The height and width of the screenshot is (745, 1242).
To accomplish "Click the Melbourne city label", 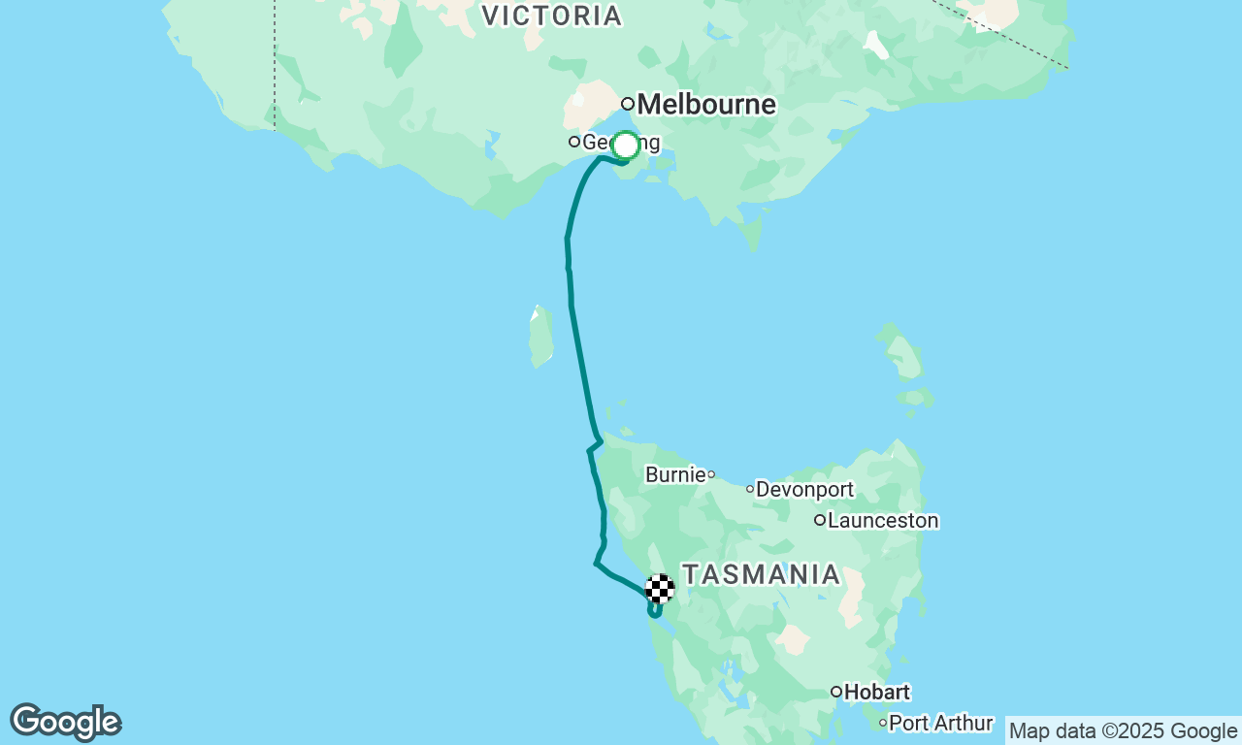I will [707, 104].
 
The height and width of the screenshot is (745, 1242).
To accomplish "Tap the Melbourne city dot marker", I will [628, 104].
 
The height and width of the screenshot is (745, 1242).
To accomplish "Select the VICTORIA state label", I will [551, 16].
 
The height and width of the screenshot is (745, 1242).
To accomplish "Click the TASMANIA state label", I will [762, 574].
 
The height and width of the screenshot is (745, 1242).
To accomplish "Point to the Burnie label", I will [675, 475].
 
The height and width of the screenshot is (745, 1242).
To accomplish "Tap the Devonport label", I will [804, 489].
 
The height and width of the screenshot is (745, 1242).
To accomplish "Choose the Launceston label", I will [883, 521].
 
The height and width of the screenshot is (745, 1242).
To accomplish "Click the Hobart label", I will [878, 693].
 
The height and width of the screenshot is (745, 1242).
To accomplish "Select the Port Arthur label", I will [941, 724].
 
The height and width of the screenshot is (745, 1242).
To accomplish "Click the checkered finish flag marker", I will [660, 589].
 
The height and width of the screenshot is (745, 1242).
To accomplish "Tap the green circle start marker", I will [626, 146].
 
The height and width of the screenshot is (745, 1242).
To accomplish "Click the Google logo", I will [65, 722].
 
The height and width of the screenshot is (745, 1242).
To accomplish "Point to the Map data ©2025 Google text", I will [1124, 731].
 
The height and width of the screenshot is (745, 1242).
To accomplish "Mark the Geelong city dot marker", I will [574, 142].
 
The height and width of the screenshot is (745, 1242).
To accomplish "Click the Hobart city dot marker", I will [835, 692].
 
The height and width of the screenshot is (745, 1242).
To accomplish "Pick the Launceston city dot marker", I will [820, 520].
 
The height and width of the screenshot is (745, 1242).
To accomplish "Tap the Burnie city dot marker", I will [711, 474].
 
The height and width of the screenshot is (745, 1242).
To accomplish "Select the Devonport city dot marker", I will [750, 489].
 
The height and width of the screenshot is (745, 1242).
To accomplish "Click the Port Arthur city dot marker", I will [883, 723].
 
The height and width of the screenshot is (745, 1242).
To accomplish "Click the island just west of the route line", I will [541, 337].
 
